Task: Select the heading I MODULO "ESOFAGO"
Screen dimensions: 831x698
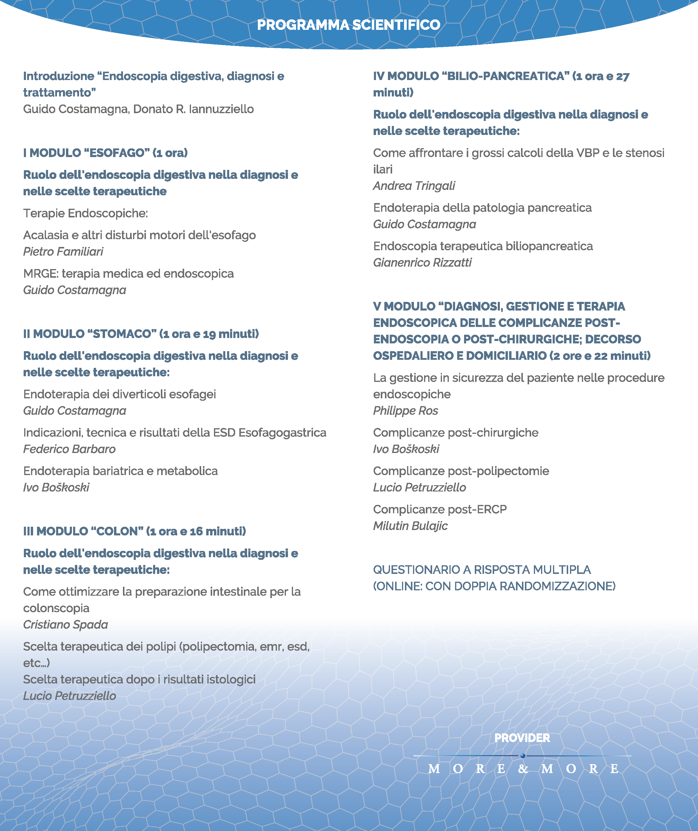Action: pyautogui.click(x=105, y=153)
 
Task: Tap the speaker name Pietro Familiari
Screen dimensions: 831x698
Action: pyautogui.click(x=63, y=251)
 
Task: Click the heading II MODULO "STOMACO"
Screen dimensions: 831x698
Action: pyautogui.click(x=141, y=334)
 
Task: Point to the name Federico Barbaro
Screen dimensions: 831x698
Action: pyautogui.click(x=69, y=449)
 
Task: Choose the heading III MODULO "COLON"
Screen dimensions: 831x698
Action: pyautogui.click(x=135, y=531)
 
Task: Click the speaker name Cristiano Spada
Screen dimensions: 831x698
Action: pyautogui.click(x=65, y=624)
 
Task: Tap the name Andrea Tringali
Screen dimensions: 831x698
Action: pyautogui.click(x=414, y=186)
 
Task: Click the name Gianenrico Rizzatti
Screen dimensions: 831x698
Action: pyautogui.click(x=422, y=262)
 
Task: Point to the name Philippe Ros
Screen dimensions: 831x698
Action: pyautogui.click(x=406, y=411)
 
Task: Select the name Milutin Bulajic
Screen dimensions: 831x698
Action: pyautogui.click(x=410, y=526)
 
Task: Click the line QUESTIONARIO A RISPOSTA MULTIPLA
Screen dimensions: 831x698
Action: pyautogui.click(x=482, y=570)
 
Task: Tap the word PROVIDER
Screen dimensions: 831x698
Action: pyautogui.click(x=522, y=738)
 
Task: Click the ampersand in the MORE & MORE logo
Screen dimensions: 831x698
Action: pyautogui.click(x=523, y=769)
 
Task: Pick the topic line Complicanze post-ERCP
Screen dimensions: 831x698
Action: pyautogui.click(x=440, y=509)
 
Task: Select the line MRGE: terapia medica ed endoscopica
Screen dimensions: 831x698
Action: pyautogui.click(x=128, y=274)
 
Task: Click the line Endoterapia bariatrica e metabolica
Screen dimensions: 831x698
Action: pyautogui.click(x=120, y=471)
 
